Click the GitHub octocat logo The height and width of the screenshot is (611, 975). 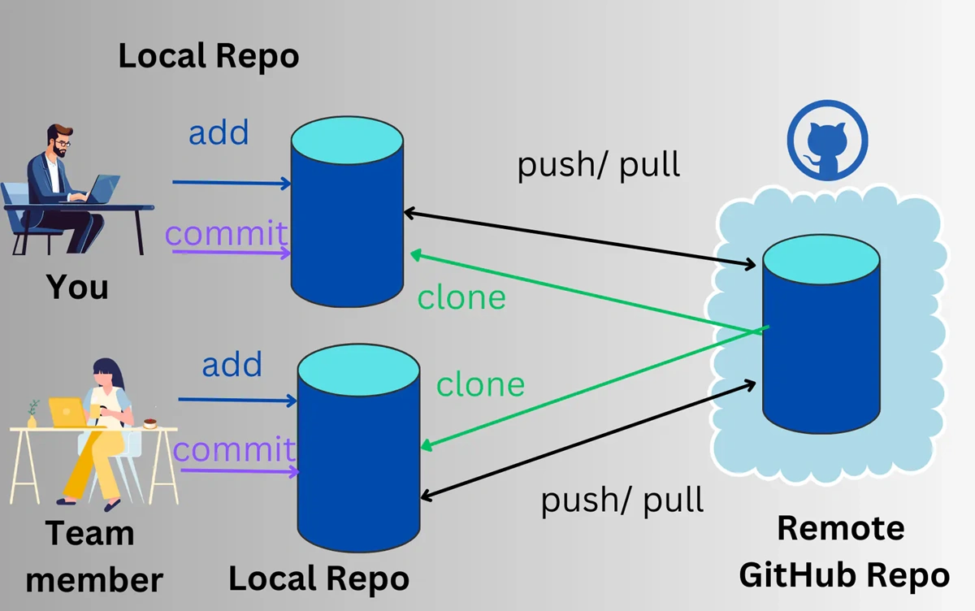tap(827, 141)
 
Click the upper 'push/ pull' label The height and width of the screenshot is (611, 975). tap(599, 165)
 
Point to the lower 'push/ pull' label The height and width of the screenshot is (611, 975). tap(622, 500)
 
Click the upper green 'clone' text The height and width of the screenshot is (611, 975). tap(461, 297)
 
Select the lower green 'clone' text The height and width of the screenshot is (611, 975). tap(481, 383)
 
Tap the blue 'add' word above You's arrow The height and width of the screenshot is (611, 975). tap(219, 132)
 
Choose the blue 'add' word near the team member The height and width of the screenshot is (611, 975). tap(232, 365)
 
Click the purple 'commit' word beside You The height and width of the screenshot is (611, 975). tap(227, 234)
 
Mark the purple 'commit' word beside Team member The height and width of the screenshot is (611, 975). tap(235, 450)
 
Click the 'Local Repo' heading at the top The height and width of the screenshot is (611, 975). tap(209, 57)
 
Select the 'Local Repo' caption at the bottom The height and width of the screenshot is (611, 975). tap(318, 579)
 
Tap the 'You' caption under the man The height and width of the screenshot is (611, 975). tap(77, 286)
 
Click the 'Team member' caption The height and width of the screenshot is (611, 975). tap(89, 557)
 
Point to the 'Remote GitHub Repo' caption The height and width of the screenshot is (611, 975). tap(843, 552)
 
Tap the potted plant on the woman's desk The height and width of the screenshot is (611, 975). tap(32, 414)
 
